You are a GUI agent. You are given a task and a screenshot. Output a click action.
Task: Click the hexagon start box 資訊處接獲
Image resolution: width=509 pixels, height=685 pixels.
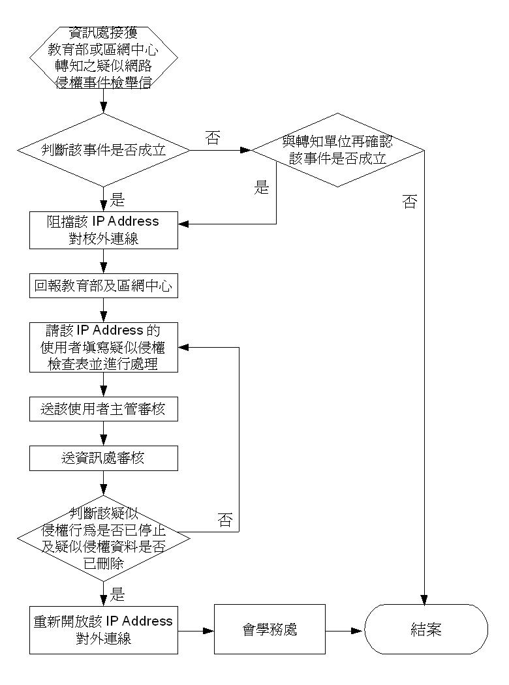[104, 57]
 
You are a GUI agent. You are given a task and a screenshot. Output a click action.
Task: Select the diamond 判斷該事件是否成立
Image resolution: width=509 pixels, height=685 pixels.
[104, 150]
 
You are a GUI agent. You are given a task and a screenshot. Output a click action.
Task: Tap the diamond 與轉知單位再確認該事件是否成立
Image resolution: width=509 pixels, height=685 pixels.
[337, 150]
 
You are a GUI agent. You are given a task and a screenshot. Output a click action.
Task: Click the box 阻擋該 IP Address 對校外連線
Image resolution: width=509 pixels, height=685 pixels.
[104, 230]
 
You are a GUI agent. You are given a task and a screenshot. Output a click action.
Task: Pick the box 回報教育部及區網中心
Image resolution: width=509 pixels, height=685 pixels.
[104, 286]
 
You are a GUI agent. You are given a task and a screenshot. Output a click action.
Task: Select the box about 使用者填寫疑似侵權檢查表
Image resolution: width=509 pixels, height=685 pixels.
[104, 347]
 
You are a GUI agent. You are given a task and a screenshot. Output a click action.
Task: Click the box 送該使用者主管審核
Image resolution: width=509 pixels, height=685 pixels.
[104, 409]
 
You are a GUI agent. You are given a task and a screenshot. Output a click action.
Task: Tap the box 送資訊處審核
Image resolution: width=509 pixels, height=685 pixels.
[104, 458]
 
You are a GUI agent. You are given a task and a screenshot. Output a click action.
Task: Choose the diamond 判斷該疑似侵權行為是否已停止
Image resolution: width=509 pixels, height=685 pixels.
[104, 538]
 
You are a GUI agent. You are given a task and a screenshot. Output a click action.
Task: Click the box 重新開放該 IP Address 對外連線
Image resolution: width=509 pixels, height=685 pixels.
[104, 630]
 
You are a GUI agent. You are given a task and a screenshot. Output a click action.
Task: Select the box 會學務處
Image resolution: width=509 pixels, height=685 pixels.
[270, 630]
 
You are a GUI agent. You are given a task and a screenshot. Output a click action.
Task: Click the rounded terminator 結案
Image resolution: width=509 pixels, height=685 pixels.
[426, 630]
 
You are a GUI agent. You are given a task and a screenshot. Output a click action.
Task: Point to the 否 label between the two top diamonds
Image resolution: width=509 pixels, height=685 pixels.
[213, 138]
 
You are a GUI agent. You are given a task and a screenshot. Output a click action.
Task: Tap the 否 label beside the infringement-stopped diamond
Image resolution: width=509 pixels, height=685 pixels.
[225, 520]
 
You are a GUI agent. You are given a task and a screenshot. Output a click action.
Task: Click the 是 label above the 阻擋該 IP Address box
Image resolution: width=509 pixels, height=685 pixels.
[117, 200]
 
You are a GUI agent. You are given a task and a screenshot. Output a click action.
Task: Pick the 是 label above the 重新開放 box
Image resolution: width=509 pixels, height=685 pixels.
[117, 594]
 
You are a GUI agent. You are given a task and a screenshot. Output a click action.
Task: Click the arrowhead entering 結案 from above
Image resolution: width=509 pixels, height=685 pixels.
[424, 600]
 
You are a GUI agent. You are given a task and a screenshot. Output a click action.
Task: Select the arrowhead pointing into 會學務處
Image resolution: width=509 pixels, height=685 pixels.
[209, 631]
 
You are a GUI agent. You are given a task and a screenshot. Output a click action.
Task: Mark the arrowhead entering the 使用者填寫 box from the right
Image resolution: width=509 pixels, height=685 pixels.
[183, 348]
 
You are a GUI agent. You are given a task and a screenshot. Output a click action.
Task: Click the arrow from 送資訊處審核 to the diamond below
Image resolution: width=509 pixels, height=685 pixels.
[104, 483]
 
